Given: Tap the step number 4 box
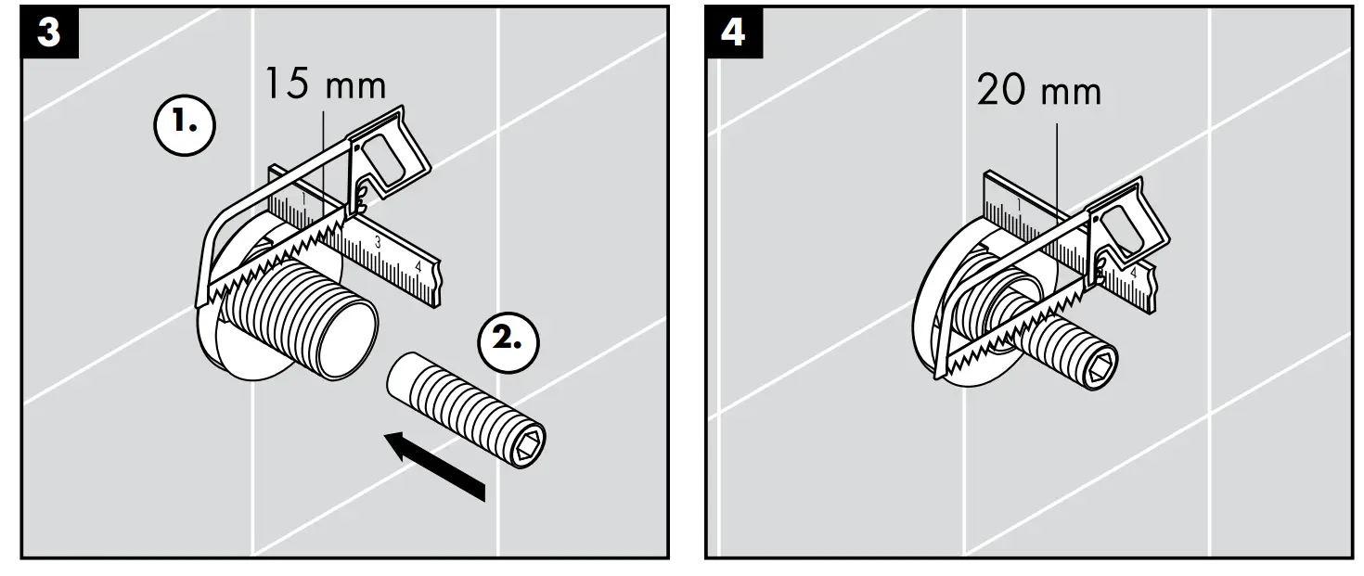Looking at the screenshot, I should coord(733,32).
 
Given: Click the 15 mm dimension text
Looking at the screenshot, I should coord(324,85).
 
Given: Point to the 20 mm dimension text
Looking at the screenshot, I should coord(1038,92).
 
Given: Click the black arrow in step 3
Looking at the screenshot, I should coord(436,463).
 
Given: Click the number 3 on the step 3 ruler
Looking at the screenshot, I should coord(377,241).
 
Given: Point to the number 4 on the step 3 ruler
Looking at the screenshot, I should coord(418,266).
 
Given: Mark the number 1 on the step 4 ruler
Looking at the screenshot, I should coord(1020,204).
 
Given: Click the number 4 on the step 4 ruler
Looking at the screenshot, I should coord(1133,273).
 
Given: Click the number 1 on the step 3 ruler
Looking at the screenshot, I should coord(302,198).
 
